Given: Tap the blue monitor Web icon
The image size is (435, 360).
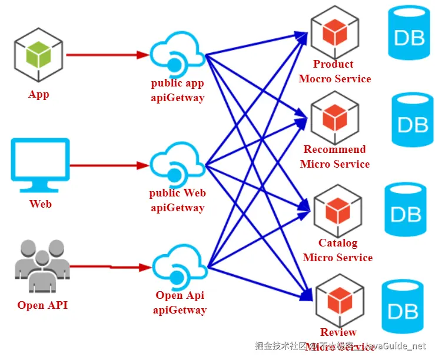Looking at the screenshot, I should [40, 165].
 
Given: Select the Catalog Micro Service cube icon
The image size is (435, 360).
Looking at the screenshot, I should [338, 209].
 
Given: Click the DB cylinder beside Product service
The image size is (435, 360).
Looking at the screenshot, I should [410, 35].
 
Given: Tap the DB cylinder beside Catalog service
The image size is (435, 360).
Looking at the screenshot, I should [406, 210].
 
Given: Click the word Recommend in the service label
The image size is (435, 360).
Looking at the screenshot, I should [334, 149].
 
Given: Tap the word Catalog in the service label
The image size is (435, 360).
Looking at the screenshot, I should [338, 243].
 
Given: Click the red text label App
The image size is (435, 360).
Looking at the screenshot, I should [39, 94].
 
